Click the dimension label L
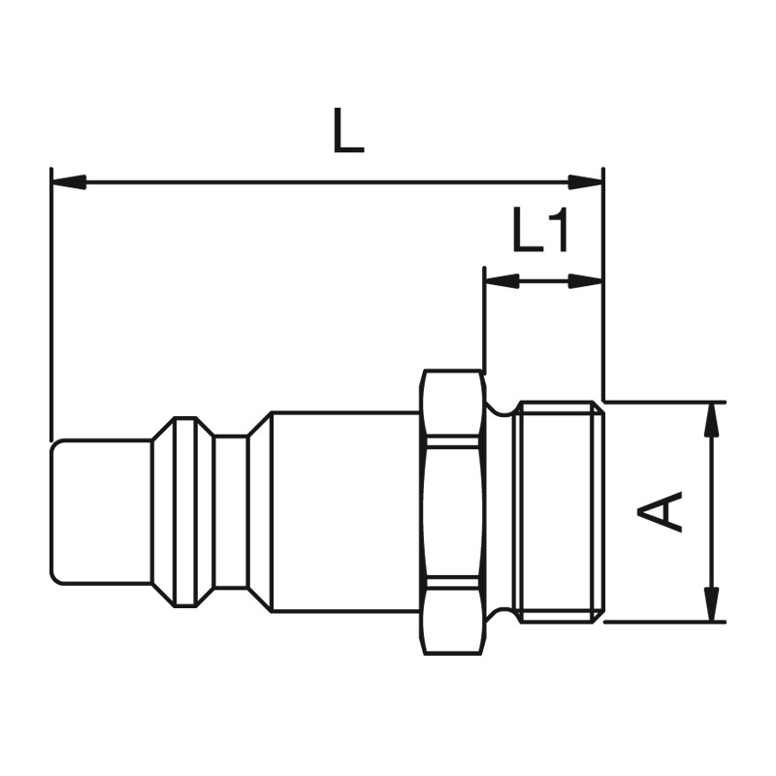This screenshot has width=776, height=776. click(x=349, y=130)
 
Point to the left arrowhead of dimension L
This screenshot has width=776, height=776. click(x=69, y=181)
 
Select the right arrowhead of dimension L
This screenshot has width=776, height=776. click(x=586, y=181)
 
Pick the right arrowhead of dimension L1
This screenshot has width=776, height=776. click(x=586, y=281)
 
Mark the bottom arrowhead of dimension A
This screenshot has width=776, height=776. click(x=712, y=603)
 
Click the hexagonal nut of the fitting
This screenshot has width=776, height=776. click(x=452, y=512)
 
